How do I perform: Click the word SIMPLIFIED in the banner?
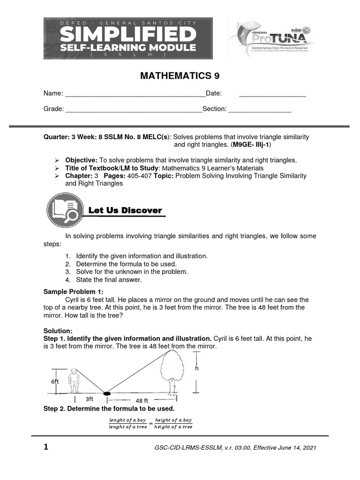128,34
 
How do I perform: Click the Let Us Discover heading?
125,211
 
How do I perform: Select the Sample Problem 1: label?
70,292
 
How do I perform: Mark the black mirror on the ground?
107,393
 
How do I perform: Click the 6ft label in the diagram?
55,382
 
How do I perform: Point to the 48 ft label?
142,401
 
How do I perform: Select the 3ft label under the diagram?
90,399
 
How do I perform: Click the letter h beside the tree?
197,368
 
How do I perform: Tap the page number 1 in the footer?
46,447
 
